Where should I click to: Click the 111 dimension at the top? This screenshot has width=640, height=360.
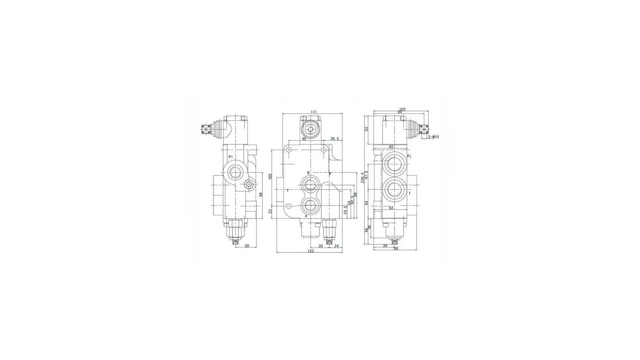click(x=313, y=112)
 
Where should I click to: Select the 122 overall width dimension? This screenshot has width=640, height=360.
click(x=311, y=251)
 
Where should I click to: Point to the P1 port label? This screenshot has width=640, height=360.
click(x=231, y=157)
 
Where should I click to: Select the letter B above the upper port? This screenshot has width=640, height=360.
click(x=308, y=173)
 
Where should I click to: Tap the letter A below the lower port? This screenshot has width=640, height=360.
click(x=306, y=216)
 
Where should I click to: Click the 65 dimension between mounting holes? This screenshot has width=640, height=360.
click(x=304, y=138)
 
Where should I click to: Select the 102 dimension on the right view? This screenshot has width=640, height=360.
click(x=402, y=109)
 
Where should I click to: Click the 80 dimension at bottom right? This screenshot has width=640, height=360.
click(x=396, y=248)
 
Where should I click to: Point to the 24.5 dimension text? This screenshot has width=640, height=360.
click(x=346, y=210)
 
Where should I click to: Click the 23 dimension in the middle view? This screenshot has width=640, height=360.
click(x=270, y=211)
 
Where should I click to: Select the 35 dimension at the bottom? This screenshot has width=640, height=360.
click(x=321, y=246)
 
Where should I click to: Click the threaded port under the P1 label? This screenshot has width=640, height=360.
click(x=236, y=172)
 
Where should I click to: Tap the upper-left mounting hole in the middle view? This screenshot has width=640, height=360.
click(x=289, y=150)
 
